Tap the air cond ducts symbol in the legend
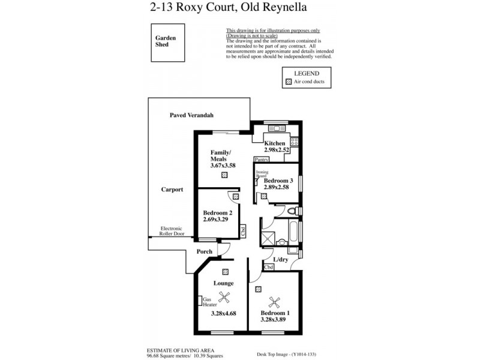click(x=289, y=81)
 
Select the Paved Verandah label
click(x=191, y=115)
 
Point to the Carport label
click(x=172, y=190)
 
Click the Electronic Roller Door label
click(x=172, y=231)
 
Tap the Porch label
click(x=205, y=251)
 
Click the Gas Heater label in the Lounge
click(x=209, y=302)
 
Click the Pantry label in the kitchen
click(x=261, y=160)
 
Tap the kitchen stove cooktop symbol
click(x=294, y=142)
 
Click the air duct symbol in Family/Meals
click(x=224, y=175)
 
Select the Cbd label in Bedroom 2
click(x=243, y=230)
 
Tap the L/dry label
click(x=281, y=260)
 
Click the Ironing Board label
click(x=262, y=174)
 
